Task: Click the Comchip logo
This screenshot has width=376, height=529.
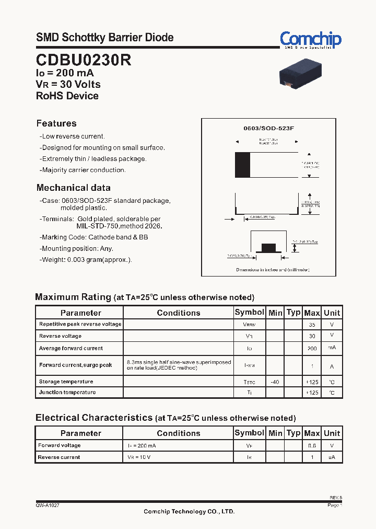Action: tap(310, 40)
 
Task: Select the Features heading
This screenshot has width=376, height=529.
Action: tap(56, 123)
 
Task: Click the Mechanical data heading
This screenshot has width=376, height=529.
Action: tap(73, 188)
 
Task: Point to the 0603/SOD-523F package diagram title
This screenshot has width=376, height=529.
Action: tap(269, 128)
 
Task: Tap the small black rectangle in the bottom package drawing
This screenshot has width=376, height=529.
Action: tap(268, 247)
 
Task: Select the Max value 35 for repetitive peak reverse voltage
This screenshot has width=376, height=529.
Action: tap(312, 325)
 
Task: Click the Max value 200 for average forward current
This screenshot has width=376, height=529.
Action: tap(312, 348)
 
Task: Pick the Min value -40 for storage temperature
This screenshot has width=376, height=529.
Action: tap(275, 382)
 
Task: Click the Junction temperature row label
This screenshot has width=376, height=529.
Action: tap(67, 392)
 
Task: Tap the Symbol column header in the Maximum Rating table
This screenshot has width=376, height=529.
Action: tap(249, 313)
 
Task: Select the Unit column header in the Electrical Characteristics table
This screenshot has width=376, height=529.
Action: tap(332, 433)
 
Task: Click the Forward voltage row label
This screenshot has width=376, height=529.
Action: tap(60, 445)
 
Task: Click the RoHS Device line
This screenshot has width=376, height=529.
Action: tap(67, 96)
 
